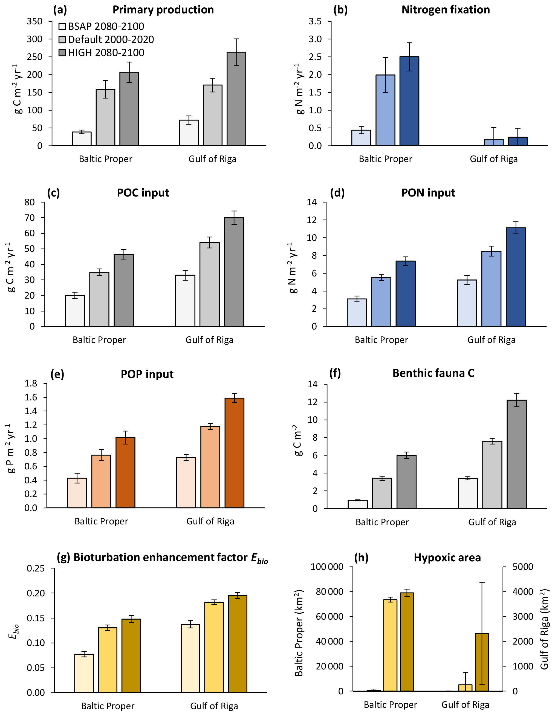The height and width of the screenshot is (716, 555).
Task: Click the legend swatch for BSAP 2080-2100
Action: tap(62, 26)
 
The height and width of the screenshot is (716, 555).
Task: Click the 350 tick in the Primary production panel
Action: tap(35, 21)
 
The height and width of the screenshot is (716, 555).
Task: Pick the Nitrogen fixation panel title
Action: tap(446, 10)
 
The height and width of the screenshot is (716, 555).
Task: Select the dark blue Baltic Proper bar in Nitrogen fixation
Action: tap(409, 101)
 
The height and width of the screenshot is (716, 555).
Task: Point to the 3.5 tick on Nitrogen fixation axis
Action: tap(315, 21)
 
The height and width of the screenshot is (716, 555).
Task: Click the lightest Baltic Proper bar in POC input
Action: tap(75, 311)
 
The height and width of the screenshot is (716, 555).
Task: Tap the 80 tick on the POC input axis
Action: tap(30, 202)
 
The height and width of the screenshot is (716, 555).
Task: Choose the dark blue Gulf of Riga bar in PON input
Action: tap(516, 277)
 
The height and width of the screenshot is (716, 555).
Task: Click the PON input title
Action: tap(428, 193)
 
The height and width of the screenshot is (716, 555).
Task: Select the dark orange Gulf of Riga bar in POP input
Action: tap(234, 453)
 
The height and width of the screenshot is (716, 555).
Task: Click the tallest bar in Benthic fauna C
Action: tap(517, 454)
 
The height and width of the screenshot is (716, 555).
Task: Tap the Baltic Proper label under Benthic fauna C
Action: tap(382, 522)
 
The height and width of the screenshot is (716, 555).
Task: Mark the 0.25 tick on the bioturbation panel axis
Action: tap(36, 568)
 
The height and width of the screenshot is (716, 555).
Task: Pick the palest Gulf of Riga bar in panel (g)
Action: tap(190, 658)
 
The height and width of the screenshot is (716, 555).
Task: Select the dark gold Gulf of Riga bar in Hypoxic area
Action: tap(482, 662)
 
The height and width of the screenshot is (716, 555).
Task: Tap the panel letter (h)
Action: tap(361, 558)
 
